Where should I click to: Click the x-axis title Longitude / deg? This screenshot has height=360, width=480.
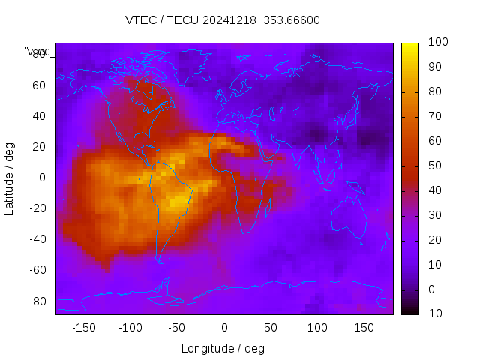223,348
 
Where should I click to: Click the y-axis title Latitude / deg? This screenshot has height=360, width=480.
10,178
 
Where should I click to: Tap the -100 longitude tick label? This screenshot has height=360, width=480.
130,327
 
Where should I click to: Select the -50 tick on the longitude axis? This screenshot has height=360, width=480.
177,327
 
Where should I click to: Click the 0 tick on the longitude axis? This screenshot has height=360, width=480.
224,327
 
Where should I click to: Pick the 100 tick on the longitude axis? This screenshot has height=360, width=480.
318,327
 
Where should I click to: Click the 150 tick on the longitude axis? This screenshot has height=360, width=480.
364,327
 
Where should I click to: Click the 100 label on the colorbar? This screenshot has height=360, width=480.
438,43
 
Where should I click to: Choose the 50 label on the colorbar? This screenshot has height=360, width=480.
435,166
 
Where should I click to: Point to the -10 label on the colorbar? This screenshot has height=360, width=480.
436,313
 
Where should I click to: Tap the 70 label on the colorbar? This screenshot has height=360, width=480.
435,116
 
